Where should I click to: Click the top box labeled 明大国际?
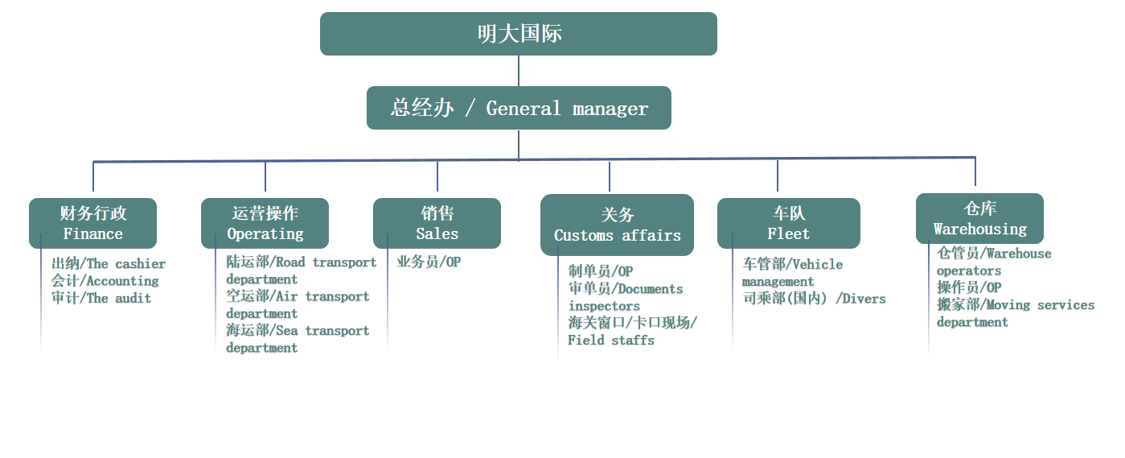tap(519, 34)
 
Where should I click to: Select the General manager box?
tap(519, 108)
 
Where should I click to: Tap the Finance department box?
tap(93, 223)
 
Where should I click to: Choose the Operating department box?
tap(265, 223)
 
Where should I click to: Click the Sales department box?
tap(437, 223)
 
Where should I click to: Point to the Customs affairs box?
tap(618, 225)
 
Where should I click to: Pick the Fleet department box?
tap(789, 223)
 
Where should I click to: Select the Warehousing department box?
tap(980, 219)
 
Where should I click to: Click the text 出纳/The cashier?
tap(109, 263)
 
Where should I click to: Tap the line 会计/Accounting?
tap(105, 281)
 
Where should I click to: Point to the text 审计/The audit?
tap(101, 298)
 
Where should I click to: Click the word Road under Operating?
tap(290, 262)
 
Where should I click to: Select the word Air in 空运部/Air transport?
tap(287, 296)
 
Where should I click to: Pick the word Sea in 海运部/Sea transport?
tap(287, 330)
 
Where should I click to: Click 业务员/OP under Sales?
tap(429, 262)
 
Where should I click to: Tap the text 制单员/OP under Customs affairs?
tap(601, 271)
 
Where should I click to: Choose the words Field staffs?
tap(611, 340)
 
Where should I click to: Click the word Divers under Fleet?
tap(864, 299)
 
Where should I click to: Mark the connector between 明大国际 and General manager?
tap(519, 71)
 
